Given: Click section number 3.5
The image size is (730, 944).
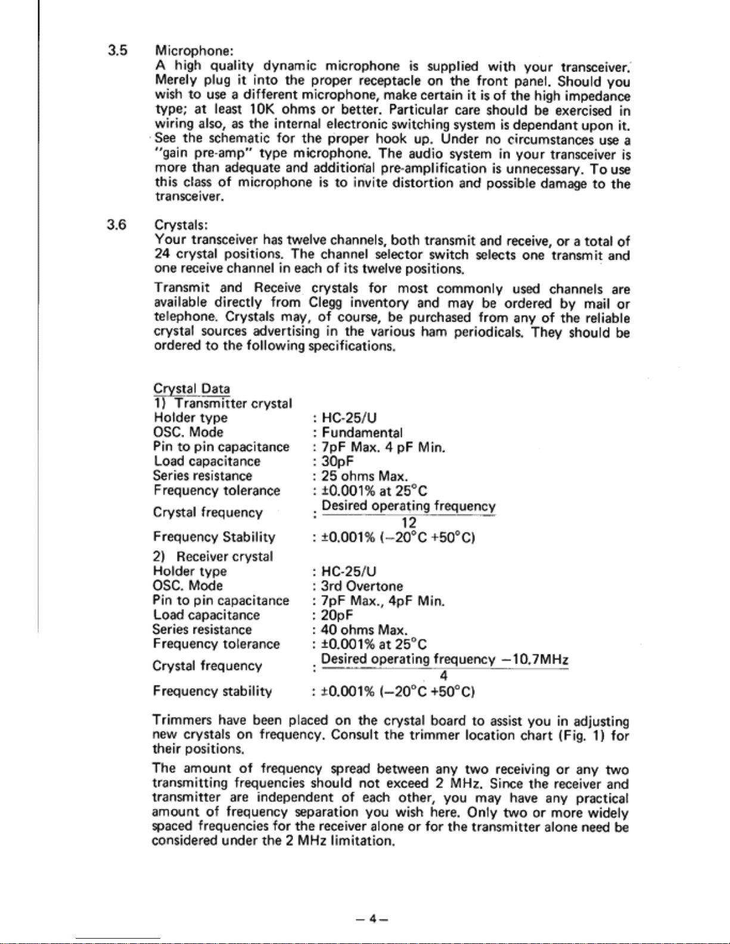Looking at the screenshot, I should (117, 50).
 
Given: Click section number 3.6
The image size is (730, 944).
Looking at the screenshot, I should (117, 225).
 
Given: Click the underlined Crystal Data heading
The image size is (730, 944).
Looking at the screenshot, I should (192, 389).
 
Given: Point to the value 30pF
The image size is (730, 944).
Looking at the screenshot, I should (338, 462).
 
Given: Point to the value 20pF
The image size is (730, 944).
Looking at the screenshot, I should (337, 615).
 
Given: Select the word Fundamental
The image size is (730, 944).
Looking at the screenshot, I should (362, 433).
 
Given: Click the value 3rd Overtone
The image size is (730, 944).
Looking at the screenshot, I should (362, 586).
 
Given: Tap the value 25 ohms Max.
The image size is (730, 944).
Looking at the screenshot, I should (365, 476).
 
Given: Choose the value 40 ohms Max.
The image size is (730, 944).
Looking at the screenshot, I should (365, 630).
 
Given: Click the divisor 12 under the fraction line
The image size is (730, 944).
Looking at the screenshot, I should (409, 522).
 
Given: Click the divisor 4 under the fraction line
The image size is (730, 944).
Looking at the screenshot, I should (443, 675).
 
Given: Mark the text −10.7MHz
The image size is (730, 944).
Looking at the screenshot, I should (535, 659).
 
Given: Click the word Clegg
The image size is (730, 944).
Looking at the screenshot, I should (325, 303).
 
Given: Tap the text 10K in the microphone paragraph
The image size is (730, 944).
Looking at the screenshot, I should (262, 110).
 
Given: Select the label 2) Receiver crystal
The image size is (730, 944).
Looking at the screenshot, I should (213, 556).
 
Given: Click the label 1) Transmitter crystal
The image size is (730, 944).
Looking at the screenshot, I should (223, 404).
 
